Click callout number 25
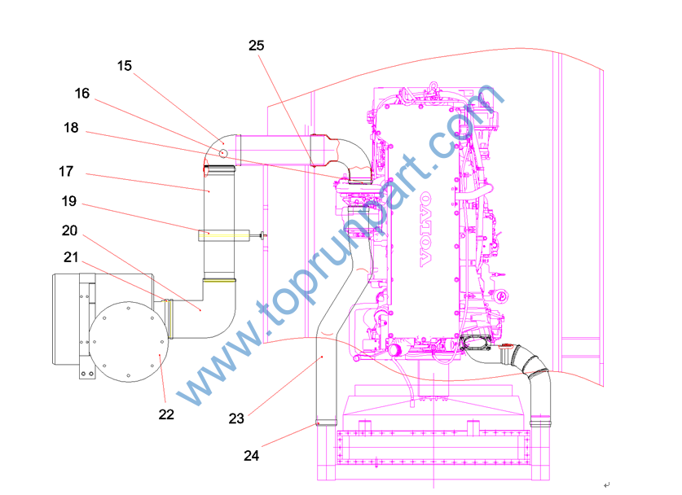coord(256,46)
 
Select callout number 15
coord(125,66)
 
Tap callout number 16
coord(81,94)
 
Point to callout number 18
coord(71,128)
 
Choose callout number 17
coord(66,172)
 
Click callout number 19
coord(68,201)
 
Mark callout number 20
coord(69,230)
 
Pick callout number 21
coord(71,257)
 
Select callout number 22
coord(166,414)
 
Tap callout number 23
coord(236,419)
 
